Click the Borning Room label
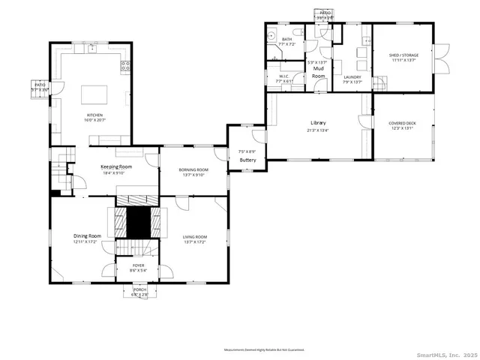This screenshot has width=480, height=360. point(193,170)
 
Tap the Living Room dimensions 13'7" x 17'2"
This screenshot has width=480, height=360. point(195,242)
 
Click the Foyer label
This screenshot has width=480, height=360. point(139,265)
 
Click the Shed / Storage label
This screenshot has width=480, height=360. point(403,55)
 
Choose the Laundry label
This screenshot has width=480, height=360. point(352,77)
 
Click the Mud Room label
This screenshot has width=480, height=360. point(319,72)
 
